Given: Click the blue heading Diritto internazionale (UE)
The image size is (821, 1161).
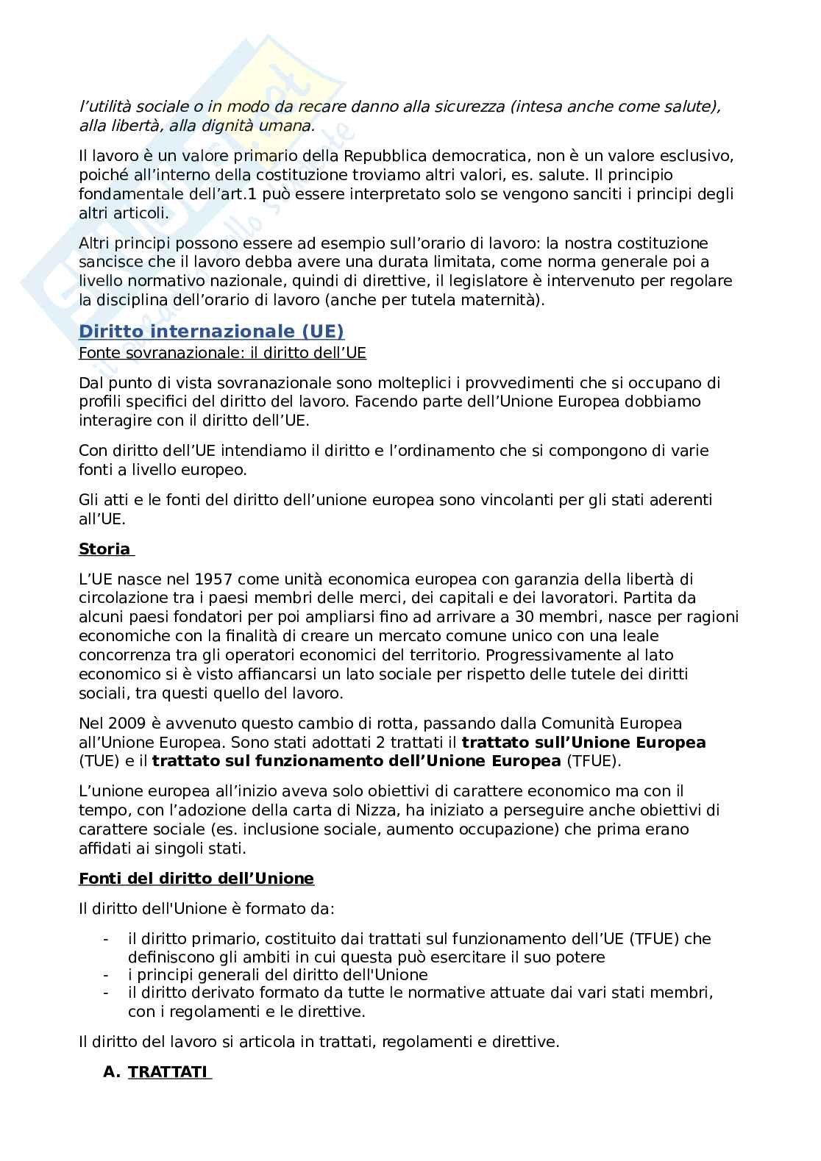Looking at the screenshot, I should click(x=211, y=331).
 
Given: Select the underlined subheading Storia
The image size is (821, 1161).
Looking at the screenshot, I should click(x=104, y=549).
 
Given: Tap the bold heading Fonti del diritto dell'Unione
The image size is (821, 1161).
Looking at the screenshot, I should click(x=196, y=879).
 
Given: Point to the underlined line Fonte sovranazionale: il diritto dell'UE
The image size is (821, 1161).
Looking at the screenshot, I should click(x=222, y=353).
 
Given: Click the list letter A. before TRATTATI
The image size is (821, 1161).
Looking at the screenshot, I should click(x=111, y=1072).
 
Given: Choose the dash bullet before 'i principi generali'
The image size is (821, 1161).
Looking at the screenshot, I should click(x=108, y=976).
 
